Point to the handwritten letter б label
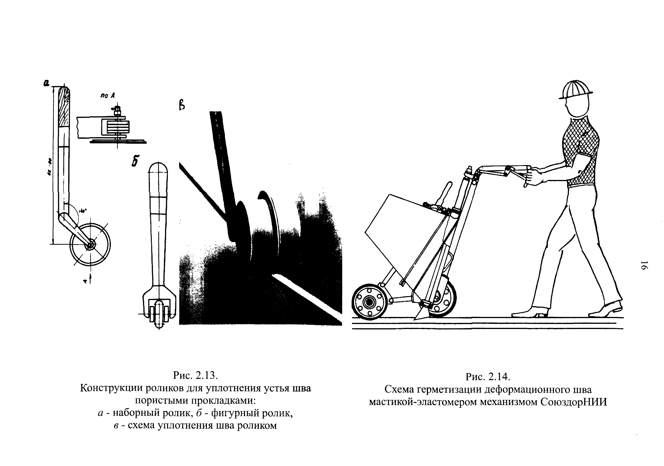click(135, 161)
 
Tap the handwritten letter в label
click(182, 104)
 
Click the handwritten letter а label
click(46, 83)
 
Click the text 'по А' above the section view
click(108, 95)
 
